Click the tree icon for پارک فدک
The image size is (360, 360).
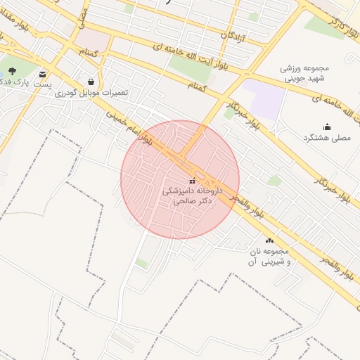(x=12, y=72)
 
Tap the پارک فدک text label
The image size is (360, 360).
(x=13, y=83)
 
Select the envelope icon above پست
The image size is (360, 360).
(x=44, y=74)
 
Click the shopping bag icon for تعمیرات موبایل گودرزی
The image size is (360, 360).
(x=91, y=82)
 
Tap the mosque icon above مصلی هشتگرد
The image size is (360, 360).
(x=327, y=127)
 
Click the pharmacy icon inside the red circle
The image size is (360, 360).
(x=193, y=181)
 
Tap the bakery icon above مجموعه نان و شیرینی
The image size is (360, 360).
(x=269, y=241)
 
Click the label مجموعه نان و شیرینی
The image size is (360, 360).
(x=267, y=257)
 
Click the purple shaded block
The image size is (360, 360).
(x=268, y=99)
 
